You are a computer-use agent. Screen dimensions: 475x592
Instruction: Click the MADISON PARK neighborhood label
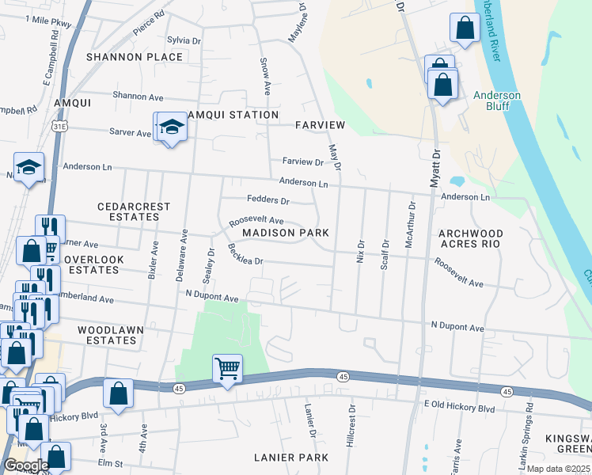point(285,233)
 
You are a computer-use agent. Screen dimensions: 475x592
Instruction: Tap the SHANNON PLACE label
point(135,57)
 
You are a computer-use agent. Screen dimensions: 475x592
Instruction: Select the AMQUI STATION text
point(233,115)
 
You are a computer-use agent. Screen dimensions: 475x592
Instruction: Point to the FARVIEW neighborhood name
point(320,125)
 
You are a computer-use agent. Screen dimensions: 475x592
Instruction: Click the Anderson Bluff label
point(496,101)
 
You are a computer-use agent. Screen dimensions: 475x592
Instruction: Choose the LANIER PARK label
point(290,458)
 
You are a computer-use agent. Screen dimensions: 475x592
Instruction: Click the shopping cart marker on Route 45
point(227,367)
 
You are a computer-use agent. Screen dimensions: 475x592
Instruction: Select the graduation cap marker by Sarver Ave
point(172,127)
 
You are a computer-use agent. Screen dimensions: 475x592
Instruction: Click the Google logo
point(26,465)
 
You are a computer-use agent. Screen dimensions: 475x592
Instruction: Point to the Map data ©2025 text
point(558,469)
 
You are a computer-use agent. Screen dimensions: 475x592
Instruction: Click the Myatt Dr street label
point(435,169)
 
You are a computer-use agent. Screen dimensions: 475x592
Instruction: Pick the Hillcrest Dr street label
point(350,428)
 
